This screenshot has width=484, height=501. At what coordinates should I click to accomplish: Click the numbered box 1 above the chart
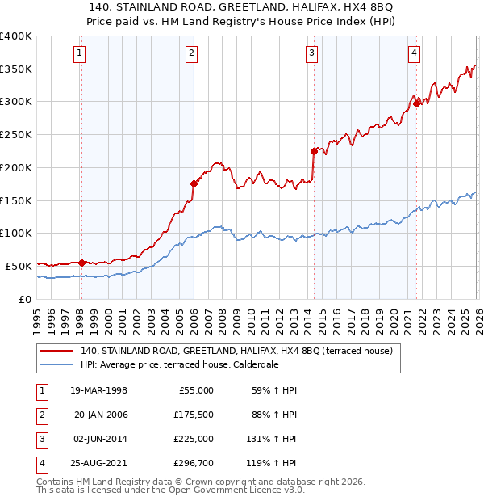tap(81, 54)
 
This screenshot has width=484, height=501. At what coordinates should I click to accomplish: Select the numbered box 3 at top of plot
tap(311, 54)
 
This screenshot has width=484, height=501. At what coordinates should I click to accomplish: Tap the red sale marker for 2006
tap(194, 183)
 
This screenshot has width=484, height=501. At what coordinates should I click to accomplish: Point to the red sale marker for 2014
tap(313, 151)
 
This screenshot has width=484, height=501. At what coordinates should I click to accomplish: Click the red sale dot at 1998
tap(81, 263)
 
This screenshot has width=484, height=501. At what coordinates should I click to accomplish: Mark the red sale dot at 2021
tap(416, 103)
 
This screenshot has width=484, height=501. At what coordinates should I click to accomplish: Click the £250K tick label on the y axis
tap(16, 134)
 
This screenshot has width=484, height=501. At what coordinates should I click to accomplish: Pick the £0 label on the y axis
tap(24, 298)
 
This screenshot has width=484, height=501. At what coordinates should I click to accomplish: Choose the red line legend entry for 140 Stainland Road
tap(236, 351)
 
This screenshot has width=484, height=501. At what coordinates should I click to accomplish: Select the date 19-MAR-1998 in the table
tap(99, 390)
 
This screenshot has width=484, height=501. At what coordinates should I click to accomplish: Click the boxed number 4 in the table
tap(41, 463)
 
